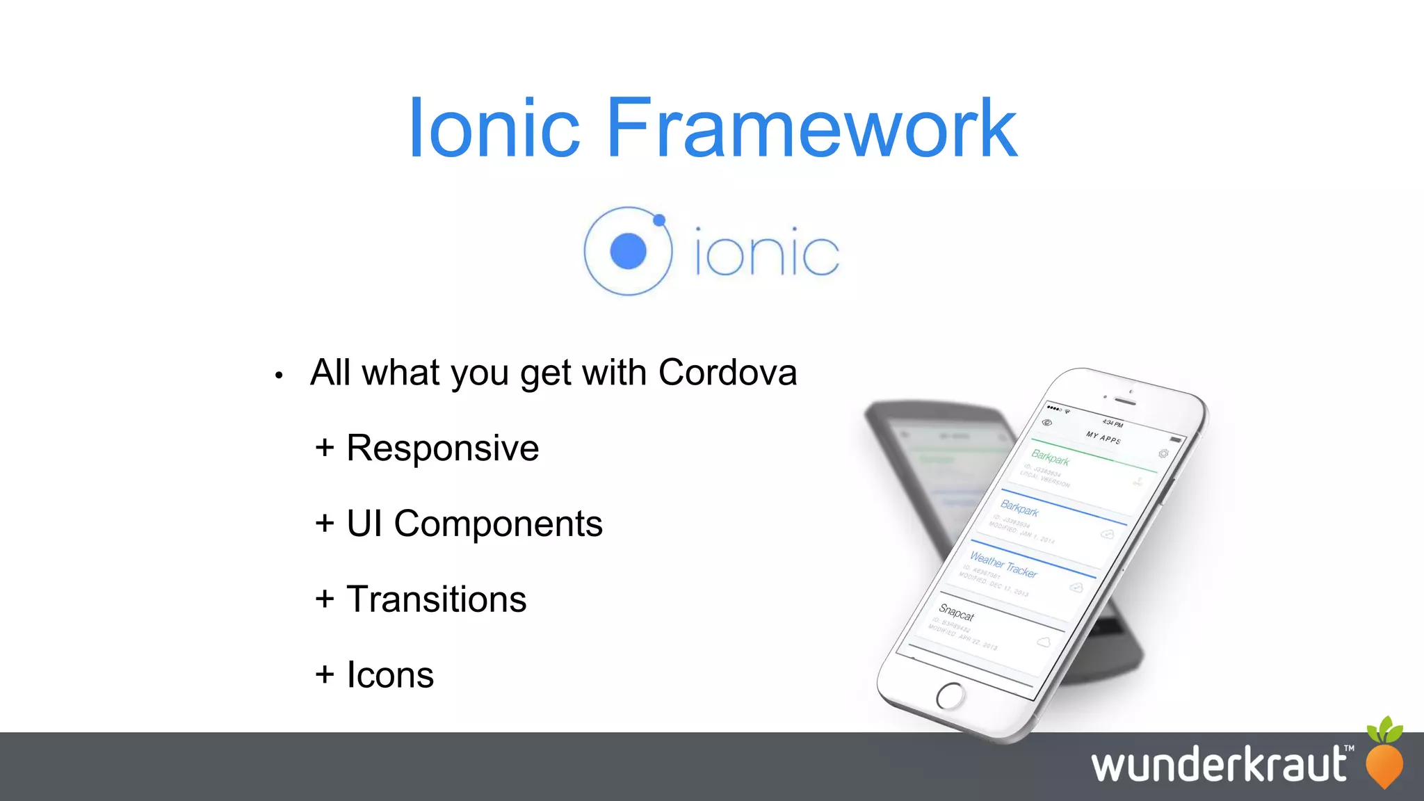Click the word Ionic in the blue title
(494, 129)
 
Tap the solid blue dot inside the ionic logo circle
(628, 251)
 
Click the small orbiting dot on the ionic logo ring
(659, 220)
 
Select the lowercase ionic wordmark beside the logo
(767, 252)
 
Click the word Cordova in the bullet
(727, 373)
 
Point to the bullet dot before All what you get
(279, 376)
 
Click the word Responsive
(442, 448)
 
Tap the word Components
(498, 524)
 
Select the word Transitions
(436, 599)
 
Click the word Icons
(390, 675)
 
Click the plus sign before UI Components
(324, 524)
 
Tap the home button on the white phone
(950, 695)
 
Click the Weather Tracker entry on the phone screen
(1003, 565)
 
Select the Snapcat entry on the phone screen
(957, 613)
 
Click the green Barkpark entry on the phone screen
(1050, 458)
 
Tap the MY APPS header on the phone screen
(1103, 437)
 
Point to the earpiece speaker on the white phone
(1125, 401)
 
